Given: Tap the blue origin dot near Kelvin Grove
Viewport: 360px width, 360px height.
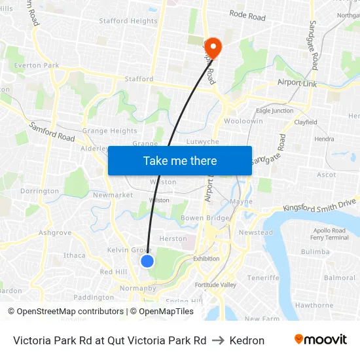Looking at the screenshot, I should (x=147, y=261).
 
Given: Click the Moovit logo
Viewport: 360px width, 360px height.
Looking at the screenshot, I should (x=321, y=340).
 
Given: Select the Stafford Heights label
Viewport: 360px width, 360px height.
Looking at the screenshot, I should (x=128, y=21).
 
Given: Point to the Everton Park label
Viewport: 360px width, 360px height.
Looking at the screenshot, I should (x=37, y=65).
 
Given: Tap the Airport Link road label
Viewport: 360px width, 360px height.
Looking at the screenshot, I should (x=298, y=83).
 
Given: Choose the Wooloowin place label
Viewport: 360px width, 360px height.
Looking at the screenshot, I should (x=243, y=121).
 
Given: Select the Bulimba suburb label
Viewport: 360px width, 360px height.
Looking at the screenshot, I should (x=315, y=251).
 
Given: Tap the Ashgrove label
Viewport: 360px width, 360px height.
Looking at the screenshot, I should (x=55, y=232).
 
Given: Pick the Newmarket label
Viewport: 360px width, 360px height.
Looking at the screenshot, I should (x=113, y=195).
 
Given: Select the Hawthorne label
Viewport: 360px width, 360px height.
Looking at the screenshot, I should (x=314, y=305).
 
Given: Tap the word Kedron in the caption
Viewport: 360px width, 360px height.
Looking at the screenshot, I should (x=247, y=340).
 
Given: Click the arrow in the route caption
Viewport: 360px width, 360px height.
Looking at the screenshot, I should (x=219, y=340).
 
